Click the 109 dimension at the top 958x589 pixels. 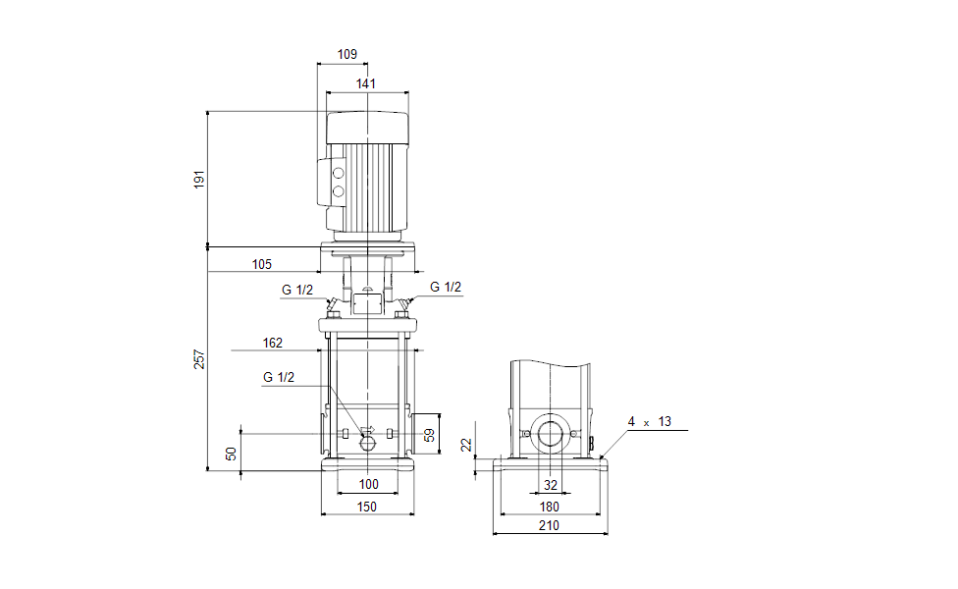click(x=346, y=55)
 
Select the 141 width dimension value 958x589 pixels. click(x=366, y=84)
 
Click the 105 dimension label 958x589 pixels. click(x=261, y=264)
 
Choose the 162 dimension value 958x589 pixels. click(x=273, y=343)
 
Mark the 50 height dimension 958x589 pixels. click(x=232, y=454)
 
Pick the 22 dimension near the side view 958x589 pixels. click(x=467, y=445)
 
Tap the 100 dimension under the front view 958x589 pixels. click(x=368, y=484)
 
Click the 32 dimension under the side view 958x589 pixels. click(x=550, y=484)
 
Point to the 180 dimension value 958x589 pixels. click(x=550, y=507)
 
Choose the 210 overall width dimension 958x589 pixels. click(x=550, y=526)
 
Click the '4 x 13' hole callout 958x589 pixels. click(x=650, y=421)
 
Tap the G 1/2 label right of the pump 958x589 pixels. click(x=446, y=287)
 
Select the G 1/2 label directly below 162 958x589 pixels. click(x=278, y=377)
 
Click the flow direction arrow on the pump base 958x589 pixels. click(x=369, y=430)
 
